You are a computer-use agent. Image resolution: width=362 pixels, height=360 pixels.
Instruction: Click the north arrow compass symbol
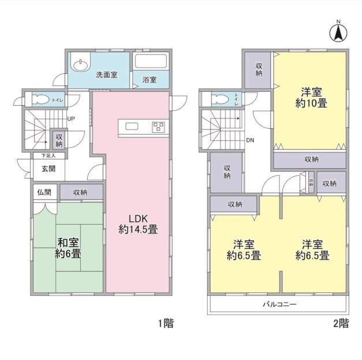pos(338,33)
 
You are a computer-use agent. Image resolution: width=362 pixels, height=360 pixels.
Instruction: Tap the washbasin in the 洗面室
pos(80,65)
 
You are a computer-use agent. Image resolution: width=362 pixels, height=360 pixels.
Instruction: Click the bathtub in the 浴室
pos(151,61)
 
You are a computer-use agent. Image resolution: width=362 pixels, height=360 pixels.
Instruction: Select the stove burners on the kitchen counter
pos(158,127)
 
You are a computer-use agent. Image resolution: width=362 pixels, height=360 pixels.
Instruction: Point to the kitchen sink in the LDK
pos(132,127)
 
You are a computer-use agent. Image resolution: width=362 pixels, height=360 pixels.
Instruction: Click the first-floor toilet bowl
pos(41,100)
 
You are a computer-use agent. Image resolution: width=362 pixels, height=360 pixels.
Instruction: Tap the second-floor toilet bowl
pos(220,99)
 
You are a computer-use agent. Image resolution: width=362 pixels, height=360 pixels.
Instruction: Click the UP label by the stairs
pos(71,119)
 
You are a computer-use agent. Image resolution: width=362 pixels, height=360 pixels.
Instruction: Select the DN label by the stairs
pos(250,140)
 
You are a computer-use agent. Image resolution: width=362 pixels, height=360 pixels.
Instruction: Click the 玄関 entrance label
pos(48,169)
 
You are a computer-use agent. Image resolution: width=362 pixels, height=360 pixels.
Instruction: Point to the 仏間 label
pos(44,192)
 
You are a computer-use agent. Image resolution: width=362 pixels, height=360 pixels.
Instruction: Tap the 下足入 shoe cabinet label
pos(48,156)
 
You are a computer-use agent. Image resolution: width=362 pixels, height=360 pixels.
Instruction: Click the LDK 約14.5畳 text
pos(138,224)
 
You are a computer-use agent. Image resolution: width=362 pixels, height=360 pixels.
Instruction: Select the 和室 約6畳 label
pos(68,248)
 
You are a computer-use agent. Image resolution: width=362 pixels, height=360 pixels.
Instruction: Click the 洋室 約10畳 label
pos(311,98)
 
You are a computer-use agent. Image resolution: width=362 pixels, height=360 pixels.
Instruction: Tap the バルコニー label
pos(279,304)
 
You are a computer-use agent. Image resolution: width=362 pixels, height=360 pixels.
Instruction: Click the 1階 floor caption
pos(166,323)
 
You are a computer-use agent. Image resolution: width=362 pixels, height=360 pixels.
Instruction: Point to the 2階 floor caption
pos(341,323)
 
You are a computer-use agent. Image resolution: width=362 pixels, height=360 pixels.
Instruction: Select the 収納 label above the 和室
pos(80,192)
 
